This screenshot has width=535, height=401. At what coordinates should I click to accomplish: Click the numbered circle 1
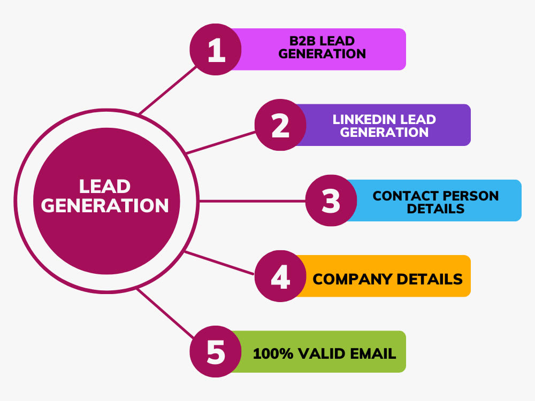(x=216, y=49)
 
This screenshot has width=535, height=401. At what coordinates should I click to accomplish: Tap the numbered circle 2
(x=280, y=125)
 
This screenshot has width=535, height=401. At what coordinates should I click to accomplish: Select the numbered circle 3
(x=331, y=200)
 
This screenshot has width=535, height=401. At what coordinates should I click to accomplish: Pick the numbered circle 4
(x=280, y=276)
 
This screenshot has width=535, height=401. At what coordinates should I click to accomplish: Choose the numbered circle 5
(x=216, y=352)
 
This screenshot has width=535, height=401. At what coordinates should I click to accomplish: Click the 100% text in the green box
(x=273, y=353)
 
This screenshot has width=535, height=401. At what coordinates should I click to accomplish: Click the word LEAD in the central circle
(x=105, y=187)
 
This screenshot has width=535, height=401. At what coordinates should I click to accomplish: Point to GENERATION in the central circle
(x=105, y=206)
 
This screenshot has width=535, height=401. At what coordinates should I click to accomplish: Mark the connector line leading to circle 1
(x=167, y=90)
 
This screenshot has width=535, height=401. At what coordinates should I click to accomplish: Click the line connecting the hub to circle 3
(x=253, y=201)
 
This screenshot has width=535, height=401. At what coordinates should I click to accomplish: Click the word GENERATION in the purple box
(x=384, y=132)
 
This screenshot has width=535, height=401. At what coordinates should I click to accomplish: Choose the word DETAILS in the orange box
(x=430, y=279)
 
